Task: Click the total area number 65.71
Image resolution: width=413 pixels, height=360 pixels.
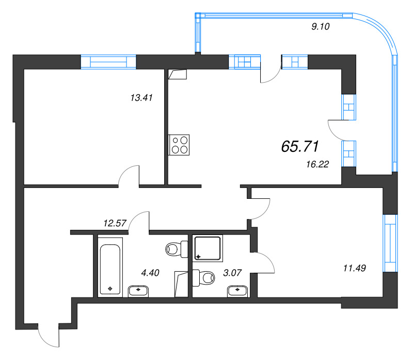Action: [x=299, y=147]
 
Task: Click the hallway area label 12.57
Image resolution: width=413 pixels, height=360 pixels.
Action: [x=116, y=223]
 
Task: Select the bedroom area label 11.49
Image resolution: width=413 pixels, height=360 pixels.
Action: [x=354, y=268]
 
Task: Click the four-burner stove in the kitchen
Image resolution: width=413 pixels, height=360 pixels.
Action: [x=179, y=145]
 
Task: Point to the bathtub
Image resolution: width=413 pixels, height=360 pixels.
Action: [x=110, y=267]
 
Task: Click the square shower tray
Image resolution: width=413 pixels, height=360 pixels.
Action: [x=209, y=248]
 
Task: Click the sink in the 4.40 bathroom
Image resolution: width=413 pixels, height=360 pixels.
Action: [x=138, y=291]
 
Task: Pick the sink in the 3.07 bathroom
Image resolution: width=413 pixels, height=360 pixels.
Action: [x=237, y=291]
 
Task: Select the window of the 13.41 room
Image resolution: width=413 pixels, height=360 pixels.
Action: [x=108, y=62]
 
